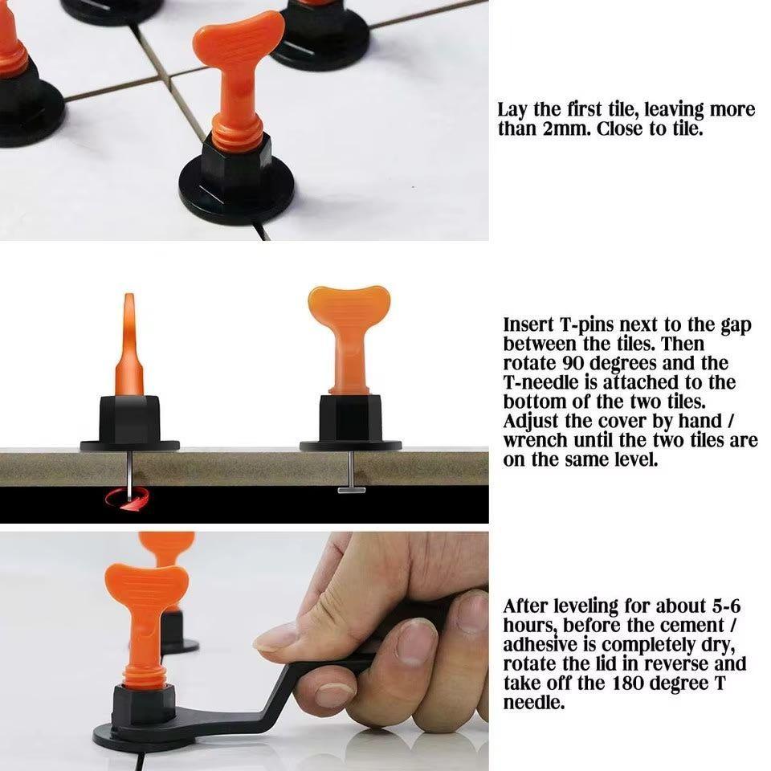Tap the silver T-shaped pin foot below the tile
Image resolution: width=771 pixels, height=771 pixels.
351,490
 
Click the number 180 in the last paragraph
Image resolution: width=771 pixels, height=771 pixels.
628,683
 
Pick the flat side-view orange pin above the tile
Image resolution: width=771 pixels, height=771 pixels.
129,345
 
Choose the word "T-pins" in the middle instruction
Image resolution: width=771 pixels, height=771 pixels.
587,325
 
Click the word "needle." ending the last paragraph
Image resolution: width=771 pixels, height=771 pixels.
533,702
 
